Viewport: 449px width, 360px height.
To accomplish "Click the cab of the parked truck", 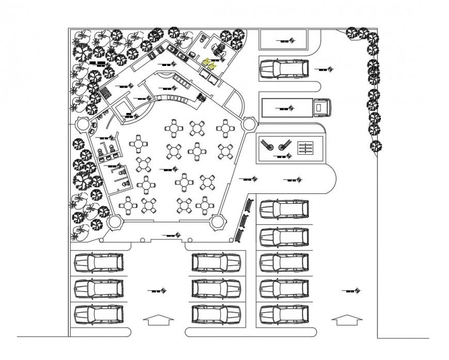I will point(323,107).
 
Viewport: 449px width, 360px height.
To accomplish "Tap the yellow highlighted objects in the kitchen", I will point(211,63).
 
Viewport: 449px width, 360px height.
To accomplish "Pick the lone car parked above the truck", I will point(284,68).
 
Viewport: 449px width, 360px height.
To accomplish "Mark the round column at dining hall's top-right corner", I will point(248,124).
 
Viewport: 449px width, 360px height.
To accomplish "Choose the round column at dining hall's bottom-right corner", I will point(218,222).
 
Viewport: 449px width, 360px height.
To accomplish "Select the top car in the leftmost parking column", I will point(99,263).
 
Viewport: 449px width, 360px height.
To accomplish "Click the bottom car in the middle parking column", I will point(217,314).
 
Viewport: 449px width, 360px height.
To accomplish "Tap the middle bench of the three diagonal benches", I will point(243,220).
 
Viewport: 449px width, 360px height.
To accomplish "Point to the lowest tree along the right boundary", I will point(376,146).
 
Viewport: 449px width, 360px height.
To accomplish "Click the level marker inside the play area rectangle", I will point(282,156).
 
